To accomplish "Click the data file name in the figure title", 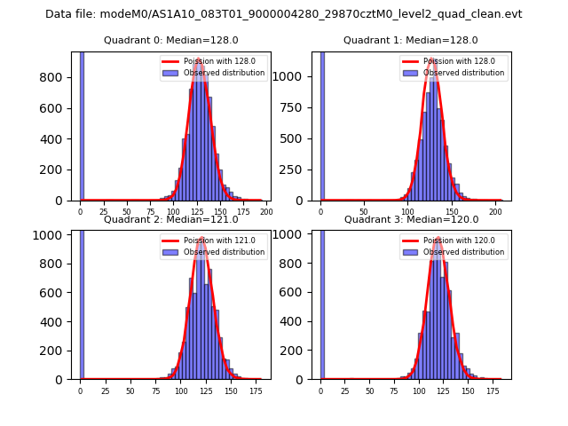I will tap(283, 14).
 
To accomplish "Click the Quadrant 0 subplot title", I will tap(170, 40).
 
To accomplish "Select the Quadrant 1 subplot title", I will tap(410, 40).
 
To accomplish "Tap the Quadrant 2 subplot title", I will tap(170, 219).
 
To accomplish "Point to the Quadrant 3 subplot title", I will tap(410, 219).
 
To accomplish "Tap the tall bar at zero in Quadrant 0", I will tap(82, 124).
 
